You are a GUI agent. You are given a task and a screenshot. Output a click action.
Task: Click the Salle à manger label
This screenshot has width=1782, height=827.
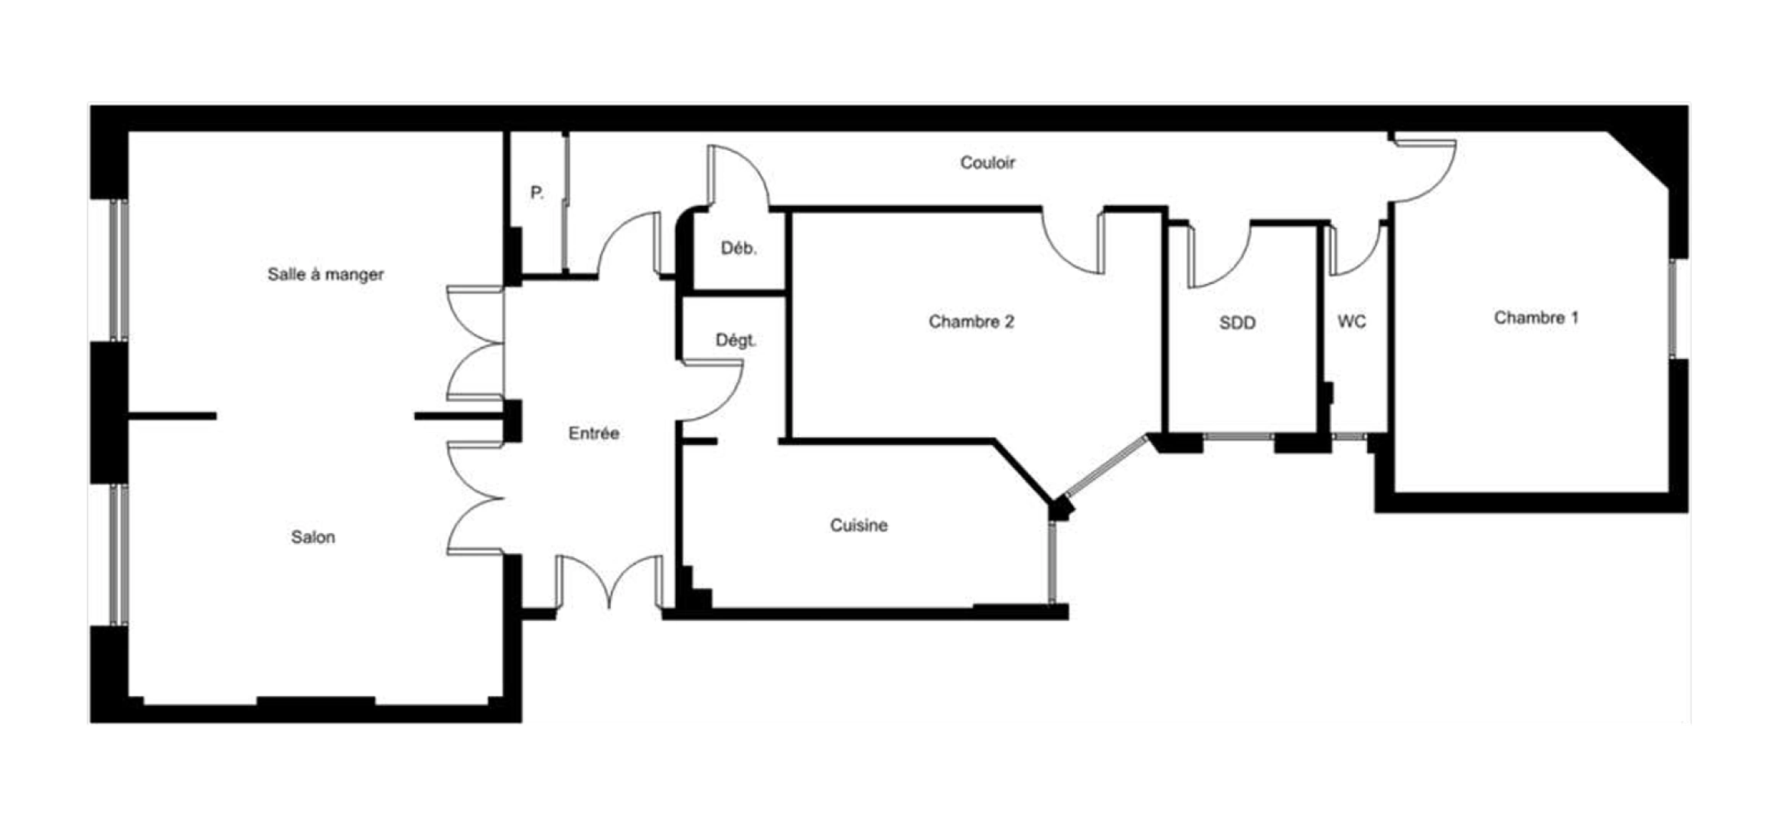coord(325,274)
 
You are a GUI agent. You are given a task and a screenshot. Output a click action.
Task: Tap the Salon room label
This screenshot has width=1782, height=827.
coord(313,537)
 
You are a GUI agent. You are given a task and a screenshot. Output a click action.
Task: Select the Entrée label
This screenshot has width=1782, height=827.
coord(593,433)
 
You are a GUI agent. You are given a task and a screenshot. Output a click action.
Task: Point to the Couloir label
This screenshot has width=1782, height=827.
coord(987,162)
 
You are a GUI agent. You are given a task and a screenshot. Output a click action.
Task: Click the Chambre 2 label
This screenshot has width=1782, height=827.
coord(971,322)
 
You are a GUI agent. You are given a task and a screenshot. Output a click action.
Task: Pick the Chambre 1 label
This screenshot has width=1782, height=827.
coord(1536,318)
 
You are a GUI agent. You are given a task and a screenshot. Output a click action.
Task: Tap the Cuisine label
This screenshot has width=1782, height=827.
coord(859,525)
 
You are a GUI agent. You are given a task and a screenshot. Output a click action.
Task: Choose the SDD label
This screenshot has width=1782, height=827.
coord(1237,323)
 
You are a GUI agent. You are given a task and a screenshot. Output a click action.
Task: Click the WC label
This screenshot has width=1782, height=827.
coord(1351,322)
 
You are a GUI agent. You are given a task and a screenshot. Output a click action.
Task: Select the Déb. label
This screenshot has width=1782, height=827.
coord(739,248)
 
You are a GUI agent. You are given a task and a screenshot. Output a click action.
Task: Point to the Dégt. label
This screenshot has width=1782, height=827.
coord(736,340)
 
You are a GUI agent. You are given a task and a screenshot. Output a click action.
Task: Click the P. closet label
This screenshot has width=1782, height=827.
coord(537,192)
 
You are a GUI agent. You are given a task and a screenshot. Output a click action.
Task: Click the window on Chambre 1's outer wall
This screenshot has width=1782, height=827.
coord(1672,309)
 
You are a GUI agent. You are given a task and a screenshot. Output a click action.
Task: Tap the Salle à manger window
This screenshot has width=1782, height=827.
coord(119,270)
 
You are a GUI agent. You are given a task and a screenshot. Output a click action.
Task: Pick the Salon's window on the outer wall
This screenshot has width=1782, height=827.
coord(119,554)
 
